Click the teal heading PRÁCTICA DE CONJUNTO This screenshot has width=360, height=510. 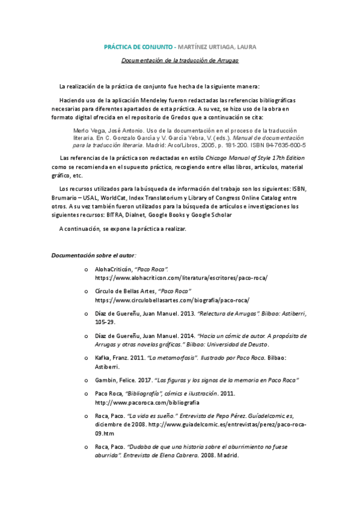(138, 46)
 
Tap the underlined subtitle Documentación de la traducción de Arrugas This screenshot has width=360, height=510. (180, 61)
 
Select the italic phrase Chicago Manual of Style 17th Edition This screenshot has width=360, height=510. (255, 158)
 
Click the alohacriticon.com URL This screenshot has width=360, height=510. (181, 278)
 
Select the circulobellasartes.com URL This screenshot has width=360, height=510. (172, 300)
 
